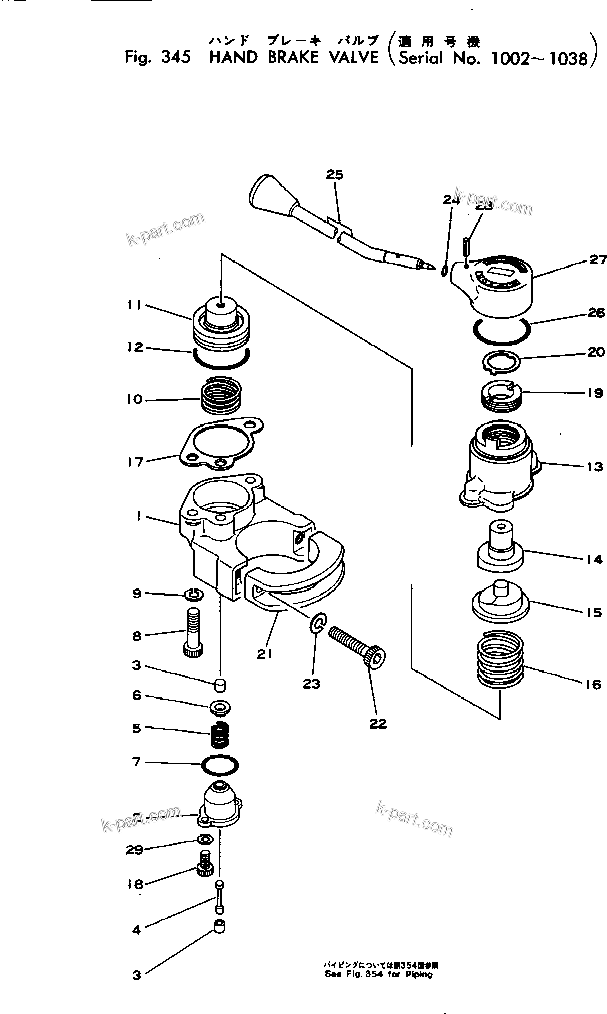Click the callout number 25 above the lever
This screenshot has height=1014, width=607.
(x=334, y=175)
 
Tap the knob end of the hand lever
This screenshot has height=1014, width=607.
(x=269, y=192)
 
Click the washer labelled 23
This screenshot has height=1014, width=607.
(x=317, y=626)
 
